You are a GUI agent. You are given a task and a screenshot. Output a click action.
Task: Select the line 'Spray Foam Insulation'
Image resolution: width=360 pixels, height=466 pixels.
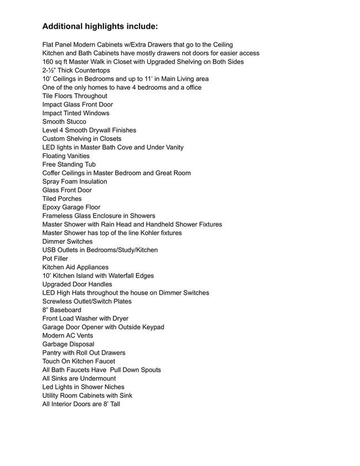coord(75,182)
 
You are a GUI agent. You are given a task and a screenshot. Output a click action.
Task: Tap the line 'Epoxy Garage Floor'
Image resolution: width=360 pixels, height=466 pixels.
coord(71,207)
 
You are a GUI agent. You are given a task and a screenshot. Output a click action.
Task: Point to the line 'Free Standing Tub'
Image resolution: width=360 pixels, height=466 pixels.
coord(69,165)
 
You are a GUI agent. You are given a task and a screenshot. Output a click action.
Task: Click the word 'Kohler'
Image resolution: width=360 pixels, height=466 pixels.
coord(140,233)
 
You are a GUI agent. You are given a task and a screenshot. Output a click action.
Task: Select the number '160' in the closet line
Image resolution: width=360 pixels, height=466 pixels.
coord(48,62)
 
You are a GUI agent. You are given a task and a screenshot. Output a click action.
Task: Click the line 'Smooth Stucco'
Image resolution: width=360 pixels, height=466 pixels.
coord(64,122)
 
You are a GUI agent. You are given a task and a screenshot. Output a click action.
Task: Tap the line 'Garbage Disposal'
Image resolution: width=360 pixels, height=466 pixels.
coord(68,344)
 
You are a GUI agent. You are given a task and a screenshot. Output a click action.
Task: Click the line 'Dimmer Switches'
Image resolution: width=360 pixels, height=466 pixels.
coord(68,242)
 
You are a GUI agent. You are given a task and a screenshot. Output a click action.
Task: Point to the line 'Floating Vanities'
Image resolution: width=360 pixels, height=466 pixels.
coord(66,156)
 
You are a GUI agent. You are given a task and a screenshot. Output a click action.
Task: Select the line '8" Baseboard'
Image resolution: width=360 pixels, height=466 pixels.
coord(61,310)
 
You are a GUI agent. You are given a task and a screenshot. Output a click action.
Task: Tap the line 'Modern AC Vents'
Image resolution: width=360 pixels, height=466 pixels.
coord(68,336)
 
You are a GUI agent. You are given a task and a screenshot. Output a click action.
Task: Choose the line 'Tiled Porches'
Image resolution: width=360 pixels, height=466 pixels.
coord(62,199)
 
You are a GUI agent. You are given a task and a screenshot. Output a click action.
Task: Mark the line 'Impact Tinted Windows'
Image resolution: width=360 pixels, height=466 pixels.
coord(76,114)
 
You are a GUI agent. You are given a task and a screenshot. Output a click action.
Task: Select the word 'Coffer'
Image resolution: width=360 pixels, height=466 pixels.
coord(52,173)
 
